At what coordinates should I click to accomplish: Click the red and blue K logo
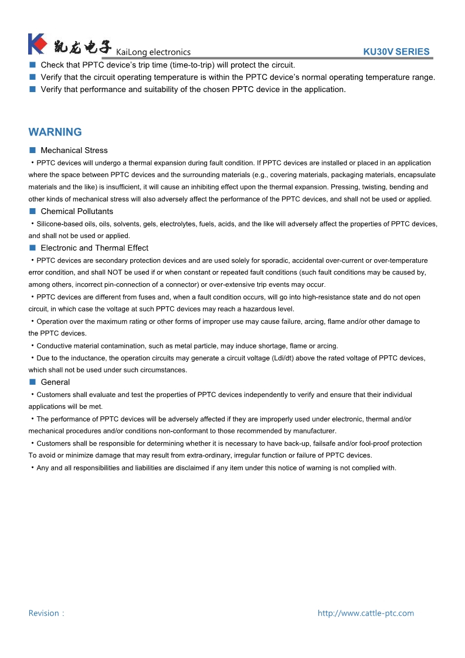[37, 44]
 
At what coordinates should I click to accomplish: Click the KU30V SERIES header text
[396, 52]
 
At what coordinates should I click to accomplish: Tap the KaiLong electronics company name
[153, 52]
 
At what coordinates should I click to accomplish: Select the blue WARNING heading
[55, 132]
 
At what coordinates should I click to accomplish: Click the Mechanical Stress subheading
[74, 150]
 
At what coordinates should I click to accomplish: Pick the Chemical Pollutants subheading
[77, 211]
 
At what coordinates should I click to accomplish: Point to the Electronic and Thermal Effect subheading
[94, 247]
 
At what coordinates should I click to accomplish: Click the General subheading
[55, 382]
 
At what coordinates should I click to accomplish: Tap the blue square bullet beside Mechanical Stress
[33, 150]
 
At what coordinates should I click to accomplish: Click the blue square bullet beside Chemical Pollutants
[33, 211]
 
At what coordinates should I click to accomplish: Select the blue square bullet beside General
[33, 382]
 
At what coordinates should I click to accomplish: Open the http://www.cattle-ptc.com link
[365, 613]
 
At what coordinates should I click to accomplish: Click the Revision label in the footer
[45, 613]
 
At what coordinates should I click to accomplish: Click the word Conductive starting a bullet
[55, 346]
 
